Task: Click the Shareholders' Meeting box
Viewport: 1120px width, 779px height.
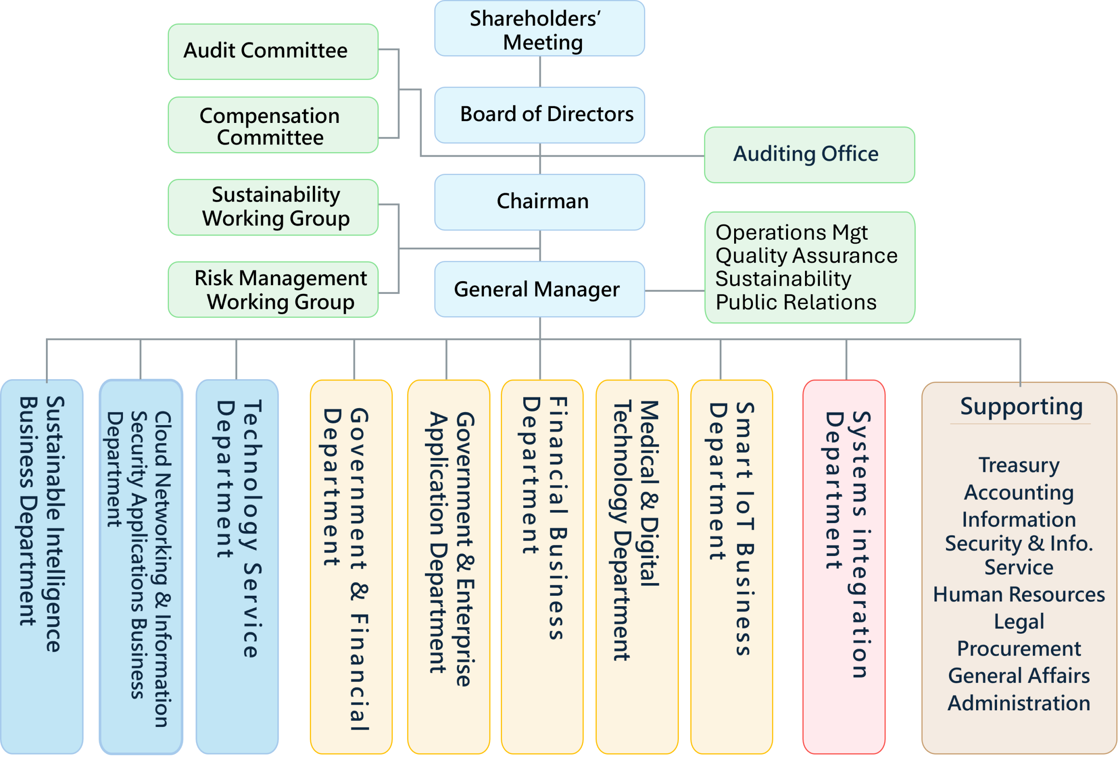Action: [539, 28]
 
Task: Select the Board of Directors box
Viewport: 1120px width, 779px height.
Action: [539, 115]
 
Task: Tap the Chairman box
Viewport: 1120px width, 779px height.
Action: [539, 202]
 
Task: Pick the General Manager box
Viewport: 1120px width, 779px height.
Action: [539, 289]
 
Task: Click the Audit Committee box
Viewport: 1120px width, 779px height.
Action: [273, 51]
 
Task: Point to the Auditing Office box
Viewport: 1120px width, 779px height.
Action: [809, 155]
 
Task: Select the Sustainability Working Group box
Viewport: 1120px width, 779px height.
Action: [273, 207]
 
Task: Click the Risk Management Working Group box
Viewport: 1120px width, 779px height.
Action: [273, 289]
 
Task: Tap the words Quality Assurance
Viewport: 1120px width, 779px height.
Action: [806, 255]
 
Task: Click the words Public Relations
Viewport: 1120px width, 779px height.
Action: [796, 302]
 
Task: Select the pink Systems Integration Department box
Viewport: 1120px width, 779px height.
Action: [843, 566]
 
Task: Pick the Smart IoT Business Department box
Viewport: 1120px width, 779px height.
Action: [731, 566]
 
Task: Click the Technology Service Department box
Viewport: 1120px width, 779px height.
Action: [237, 566]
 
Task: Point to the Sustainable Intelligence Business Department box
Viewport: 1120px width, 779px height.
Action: [42, 566]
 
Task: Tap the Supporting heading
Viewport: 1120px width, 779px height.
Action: [1021, 406]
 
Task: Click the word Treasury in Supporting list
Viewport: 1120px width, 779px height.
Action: [1018, 465]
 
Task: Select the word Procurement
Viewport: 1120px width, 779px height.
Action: [1018, 648]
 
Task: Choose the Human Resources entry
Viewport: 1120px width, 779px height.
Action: [1018, 594]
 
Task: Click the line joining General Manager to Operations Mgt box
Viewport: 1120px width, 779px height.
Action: [675, 290]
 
